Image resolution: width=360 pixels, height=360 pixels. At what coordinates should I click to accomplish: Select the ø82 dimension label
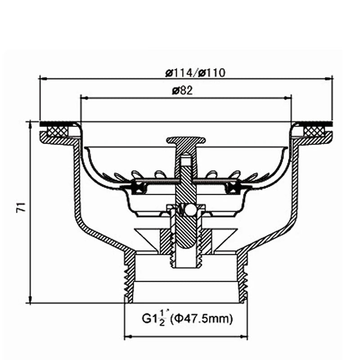[x=182, y=90]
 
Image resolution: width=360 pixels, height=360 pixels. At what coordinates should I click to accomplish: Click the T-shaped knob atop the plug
[x=186, y=141]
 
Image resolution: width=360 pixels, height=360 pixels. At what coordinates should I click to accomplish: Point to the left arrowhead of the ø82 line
[x=83, y=96]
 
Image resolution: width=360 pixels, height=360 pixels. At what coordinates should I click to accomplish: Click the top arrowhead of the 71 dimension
[x=30, y=123]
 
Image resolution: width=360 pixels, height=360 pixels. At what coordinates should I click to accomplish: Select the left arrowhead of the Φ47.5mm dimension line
[x=127, y=337]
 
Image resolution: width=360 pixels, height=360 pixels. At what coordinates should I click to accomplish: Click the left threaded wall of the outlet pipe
[x=130, y=277]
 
